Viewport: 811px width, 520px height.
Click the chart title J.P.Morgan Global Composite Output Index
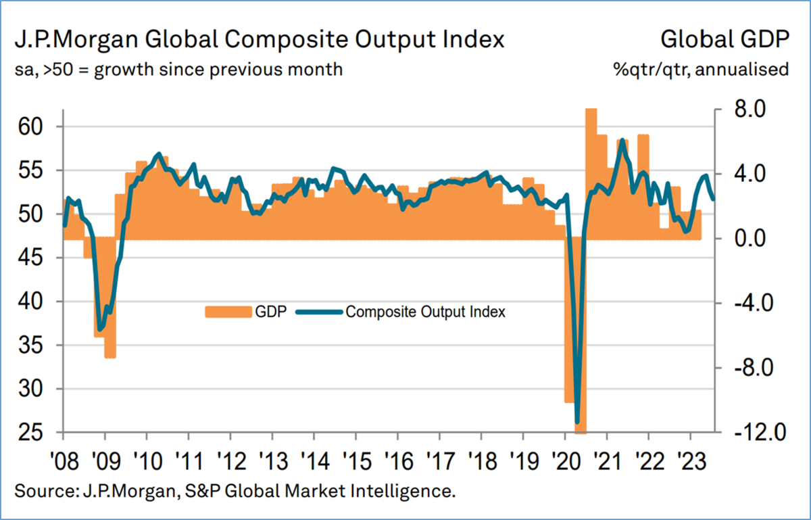pos(260,39)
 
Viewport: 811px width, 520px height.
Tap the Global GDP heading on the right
pos(725,39)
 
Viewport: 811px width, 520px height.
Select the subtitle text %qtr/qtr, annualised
pos(702,69)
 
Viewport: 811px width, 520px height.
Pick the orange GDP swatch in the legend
pos(228,312)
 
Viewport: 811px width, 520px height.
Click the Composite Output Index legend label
pos(426,312)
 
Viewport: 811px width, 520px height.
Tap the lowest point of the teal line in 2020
pos(577,421)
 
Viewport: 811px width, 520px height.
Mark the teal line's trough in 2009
pos(101,329)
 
